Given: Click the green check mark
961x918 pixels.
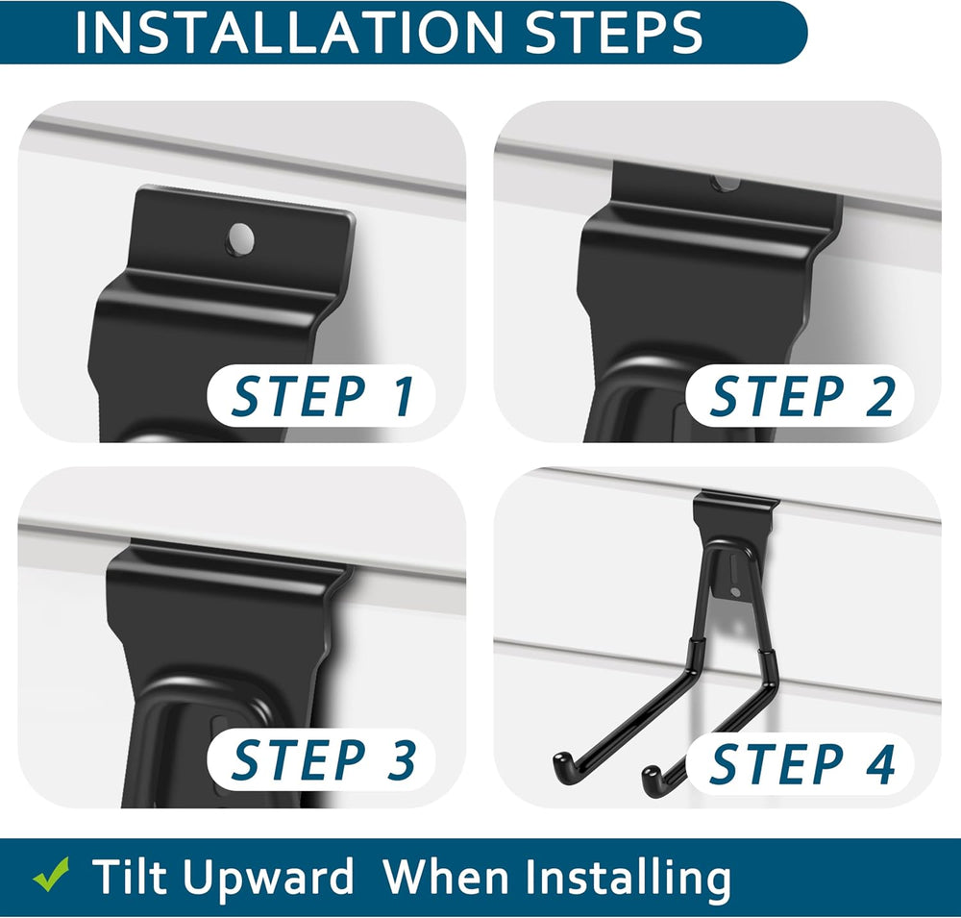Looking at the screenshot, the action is coord(51,875).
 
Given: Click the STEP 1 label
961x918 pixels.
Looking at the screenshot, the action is coord(322,397).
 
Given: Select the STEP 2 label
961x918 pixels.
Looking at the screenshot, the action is coord(801,397).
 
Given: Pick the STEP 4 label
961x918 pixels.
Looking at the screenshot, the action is coord(801,763).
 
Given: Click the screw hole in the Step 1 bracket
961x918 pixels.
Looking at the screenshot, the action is coord(240,238).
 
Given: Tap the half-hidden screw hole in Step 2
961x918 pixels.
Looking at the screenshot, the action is coord(726,183).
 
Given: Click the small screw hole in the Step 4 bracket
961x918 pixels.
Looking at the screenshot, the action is coord(735,592).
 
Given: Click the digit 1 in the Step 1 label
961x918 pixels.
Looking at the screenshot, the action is coord(404,397).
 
